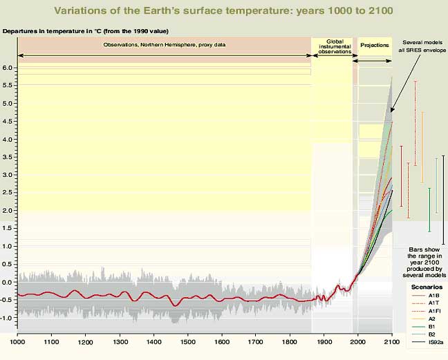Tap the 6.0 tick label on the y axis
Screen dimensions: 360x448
click(8, 68)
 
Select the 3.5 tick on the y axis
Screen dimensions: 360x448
click(8, 157)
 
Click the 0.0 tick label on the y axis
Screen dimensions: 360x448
click(8, 282)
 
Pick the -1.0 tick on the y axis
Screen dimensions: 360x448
click(7, 318)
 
